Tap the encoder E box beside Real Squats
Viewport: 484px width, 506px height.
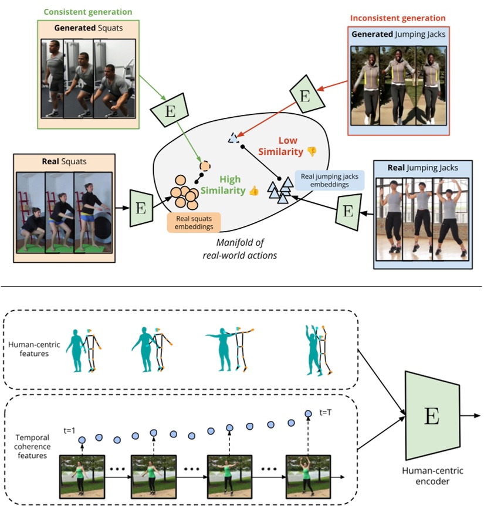click(x=140, y=208)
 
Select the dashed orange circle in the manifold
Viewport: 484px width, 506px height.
click(x=205, y=165)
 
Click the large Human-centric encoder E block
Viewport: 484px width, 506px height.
click(x=431, y=417)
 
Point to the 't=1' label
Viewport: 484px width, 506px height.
click(x=72, y=430)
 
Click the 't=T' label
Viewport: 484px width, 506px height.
click(x=326, y=412)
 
